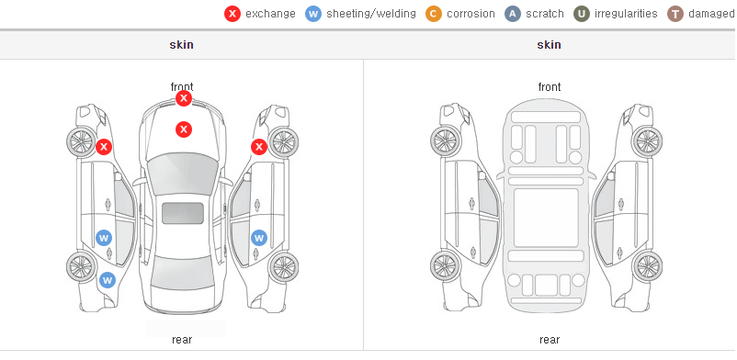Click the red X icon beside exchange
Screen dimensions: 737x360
[x=232, y=14]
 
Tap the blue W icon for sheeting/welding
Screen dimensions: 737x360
[x=313, y=14]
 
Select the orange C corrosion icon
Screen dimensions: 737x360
[x=434, y=14]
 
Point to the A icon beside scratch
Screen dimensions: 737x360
[x=513, y=14]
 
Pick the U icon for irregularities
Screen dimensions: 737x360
[x=582, y=14]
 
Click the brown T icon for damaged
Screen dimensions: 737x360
[x=675, y=14]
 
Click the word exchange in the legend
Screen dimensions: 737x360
[x=270, y=14]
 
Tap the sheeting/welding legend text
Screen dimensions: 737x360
[x=371, y=14]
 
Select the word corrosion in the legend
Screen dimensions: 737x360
[x=471, y=14]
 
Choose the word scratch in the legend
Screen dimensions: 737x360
[x=545, y=14]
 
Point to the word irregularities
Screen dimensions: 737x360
[x=626, y=14]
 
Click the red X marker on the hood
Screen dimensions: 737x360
[x=184, y=129]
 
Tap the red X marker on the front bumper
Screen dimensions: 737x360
[x=184, y=98]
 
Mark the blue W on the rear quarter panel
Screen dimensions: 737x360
[x=108, y=281]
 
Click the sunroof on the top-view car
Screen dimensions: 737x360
[x=183, y=213]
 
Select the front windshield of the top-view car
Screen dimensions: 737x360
[x=183, y=174]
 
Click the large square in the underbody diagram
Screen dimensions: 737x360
[x=546, y=218]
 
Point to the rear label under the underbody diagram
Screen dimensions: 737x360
[x=550, y=339]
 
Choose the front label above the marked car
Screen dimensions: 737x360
[x=182, y=87]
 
